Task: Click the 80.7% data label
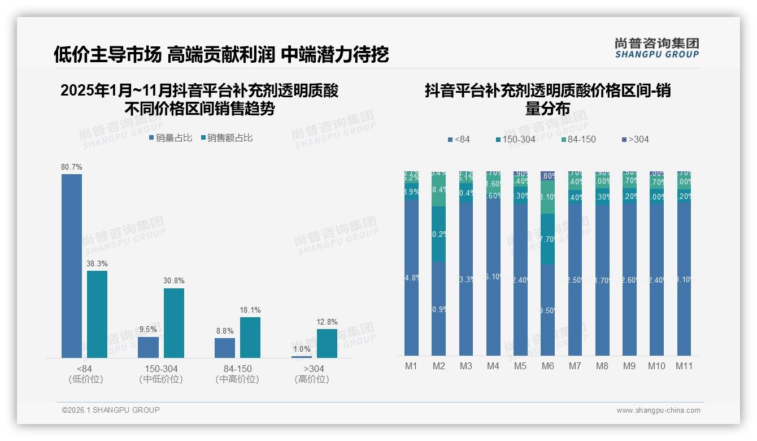point(72,167)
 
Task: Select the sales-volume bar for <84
point(72,266)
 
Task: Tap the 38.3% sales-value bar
point(97,314)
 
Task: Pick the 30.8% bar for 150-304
point(174,323)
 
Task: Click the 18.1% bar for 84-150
point(250,337)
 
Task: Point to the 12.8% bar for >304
point(327,343)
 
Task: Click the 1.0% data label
point(302,349)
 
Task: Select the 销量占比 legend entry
point(170,138)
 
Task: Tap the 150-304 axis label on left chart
point(161,369)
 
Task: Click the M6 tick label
point(547,366)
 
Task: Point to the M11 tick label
point(684,366)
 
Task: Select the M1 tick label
point(411,366)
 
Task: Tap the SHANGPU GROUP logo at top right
point(656,48)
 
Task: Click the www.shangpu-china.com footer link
point(658,410)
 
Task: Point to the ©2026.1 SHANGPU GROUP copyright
point(111,410)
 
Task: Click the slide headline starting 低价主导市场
point(221,54)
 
